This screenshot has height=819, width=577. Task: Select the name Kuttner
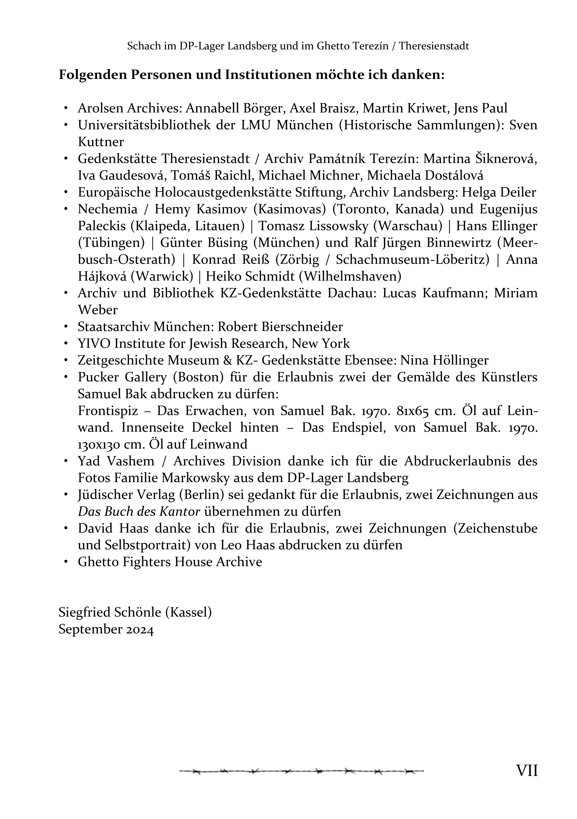click(x=101, y=142)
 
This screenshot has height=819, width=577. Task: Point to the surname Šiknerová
click(x=506, y=159)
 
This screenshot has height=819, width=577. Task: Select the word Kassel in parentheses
click(x=188, y=613)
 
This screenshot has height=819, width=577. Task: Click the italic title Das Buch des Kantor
click(x=139, y=512)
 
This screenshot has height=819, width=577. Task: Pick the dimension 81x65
click(x=412, y=411)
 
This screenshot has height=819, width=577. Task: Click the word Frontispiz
click(x=108, y=411)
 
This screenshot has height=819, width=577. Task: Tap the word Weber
click(x=98, y=310)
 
